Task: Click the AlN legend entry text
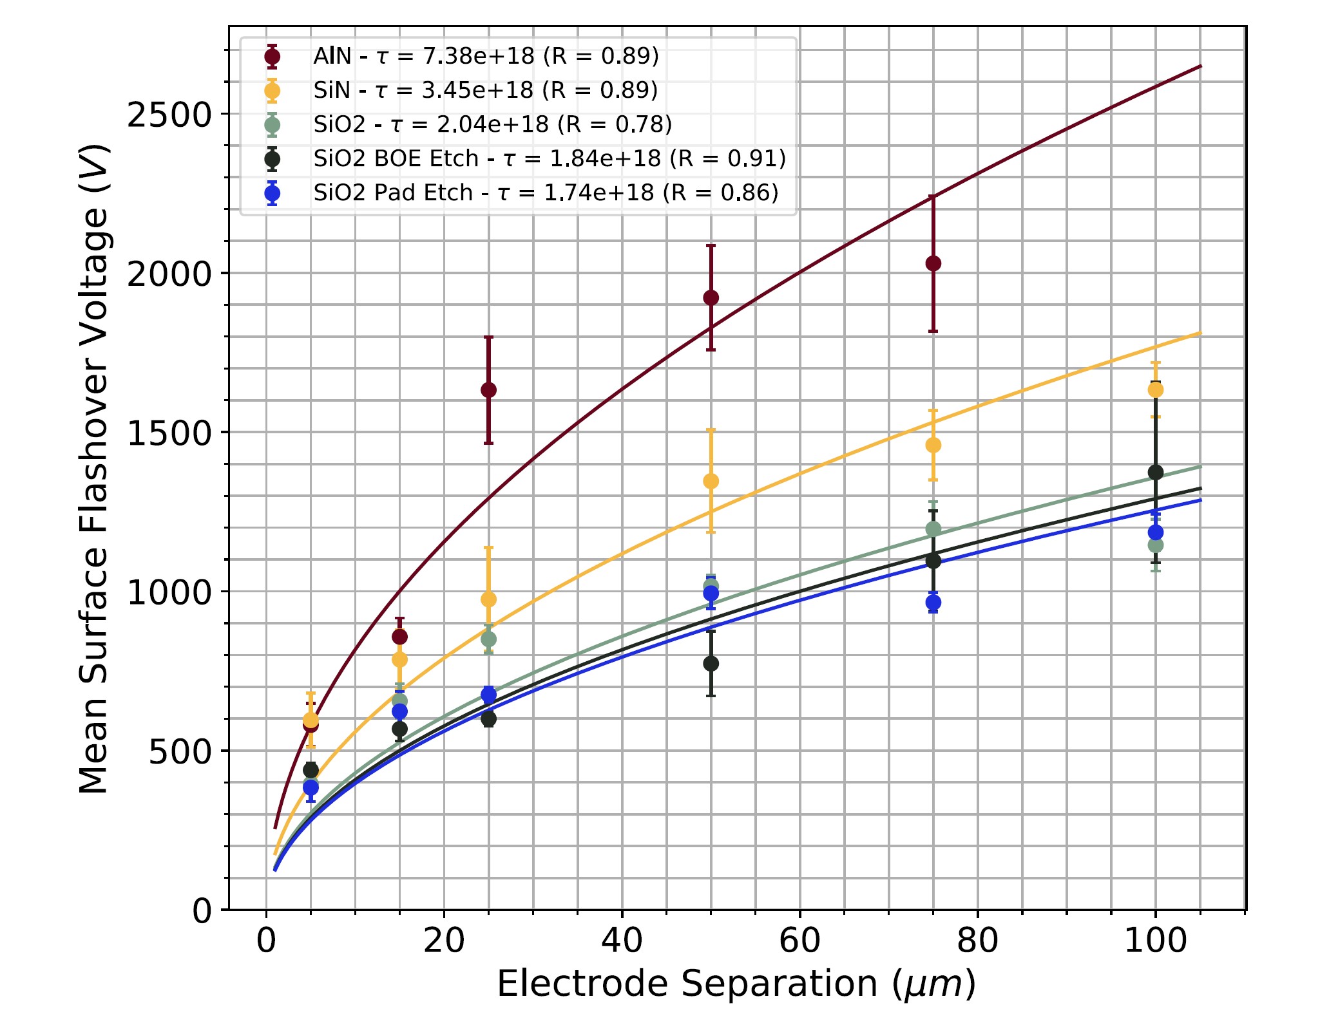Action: pyautogui.click(x=486, y=57)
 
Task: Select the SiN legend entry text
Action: pyautogui.click(x=485, y=90)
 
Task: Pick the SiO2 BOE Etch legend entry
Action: pyautogui.click(x=550, y=158)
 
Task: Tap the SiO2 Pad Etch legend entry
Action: pyautogui.click(x=546, y=192)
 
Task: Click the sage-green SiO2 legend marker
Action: pyautogui.click(x=273, y=124)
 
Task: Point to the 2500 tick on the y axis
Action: pyautogui.click(x=169, y=115)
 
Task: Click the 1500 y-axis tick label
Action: pyautogui.click(x=169, y=433)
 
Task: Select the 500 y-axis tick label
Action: pyautogui.click(x=180, y=751)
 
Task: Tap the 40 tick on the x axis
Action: pyautogui.click(x=622, y=941)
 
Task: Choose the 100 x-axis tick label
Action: pyautogui.click(x=1155, y=941)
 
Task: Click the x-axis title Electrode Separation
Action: pyautogui.click(x=736, y=984)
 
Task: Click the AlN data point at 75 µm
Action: pyautogui.click(x=933, y=263)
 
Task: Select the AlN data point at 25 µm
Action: pyautogui.click(x=488, y=389)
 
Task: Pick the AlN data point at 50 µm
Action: pyautogui.click(x=711, y=297)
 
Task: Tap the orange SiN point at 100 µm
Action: pyautogui.click(x=1155, y=389)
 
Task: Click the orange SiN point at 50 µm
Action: pyautogui.click(x=711, y=481)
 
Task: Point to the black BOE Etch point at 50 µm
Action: pyautogui.click(x=711, y=663)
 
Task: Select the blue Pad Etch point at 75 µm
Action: pyautogui.click(x=933, y=603)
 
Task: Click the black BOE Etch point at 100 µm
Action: pyautogui.click(x=1155, y=473)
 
